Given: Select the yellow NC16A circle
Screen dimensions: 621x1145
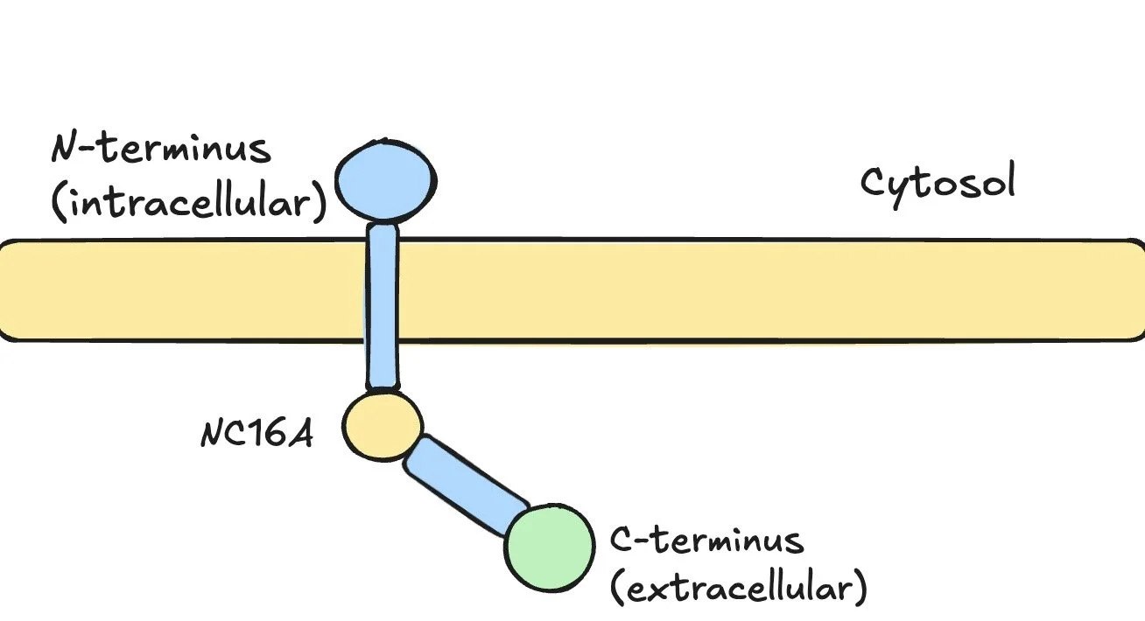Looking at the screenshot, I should (383, 425).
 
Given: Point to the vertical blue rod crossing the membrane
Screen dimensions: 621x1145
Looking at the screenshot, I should (383, 302).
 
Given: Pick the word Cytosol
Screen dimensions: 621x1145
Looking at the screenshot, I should (938, 185).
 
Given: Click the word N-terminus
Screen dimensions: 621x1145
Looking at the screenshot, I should (161, 150).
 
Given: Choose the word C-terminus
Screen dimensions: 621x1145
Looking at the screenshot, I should (706, 540).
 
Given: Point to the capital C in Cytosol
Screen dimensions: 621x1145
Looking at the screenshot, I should (875, 183).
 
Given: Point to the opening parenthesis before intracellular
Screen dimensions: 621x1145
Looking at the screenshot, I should (59, 203).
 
